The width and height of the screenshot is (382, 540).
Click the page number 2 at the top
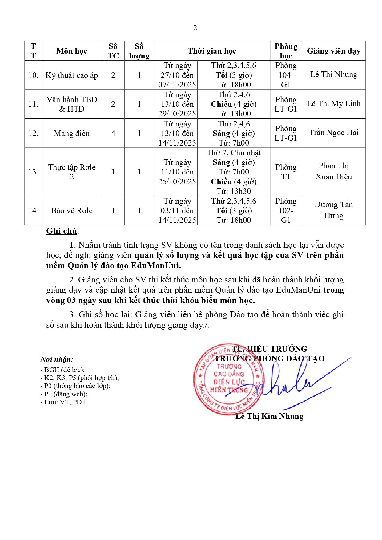[x=195, y=28]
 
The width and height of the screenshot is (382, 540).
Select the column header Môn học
[x=72, y=51]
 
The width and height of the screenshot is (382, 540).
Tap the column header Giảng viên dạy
[x=333, y=51]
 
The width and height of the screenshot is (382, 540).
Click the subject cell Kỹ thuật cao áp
[x=72, y=75]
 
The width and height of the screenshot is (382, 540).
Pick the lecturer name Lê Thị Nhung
[x=333, y=74]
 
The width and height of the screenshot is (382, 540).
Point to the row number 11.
[x=33, y=104]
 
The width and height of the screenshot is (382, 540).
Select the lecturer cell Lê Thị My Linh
[x=333, y=104]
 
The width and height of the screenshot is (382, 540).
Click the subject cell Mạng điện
[x=72, y=133]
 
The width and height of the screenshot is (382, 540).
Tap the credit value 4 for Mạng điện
[x=113, y=133]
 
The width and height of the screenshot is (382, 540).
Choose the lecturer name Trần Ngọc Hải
[x=333, y=133]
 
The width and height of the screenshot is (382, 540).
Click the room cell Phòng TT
[x=286, y=172]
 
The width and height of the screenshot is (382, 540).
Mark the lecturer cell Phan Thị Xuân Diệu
[x=333, y=171]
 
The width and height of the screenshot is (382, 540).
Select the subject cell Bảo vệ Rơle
[x=72, y=210]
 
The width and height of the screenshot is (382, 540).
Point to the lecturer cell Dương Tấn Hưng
[x=333, y=210]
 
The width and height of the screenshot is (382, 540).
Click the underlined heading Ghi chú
[x=62, y=231]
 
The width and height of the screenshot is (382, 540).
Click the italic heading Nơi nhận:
[x=57, y=359]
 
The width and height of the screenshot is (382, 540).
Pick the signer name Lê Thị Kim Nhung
[x=269, y=416]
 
